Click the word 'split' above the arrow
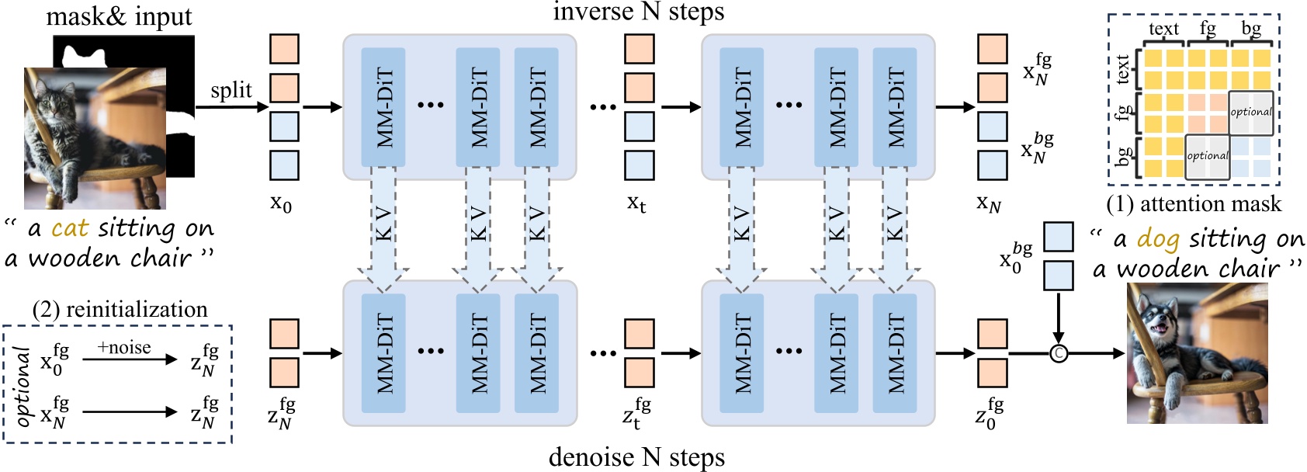click(x=231, y=91)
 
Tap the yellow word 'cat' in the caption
click(x=70, y=228)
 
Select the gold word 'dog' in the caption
click(x=1157, y=239)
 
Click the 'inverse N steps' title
click(x=638, y=12)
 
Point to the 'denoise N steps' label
click(x=636, y=457)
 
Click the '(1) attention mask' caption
click(x=1194, y=203)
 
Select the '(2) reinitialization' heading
click(x=120, y=309)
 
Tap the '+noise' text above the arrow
click(x=124, y=347)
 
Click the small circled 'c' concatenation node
click(x=1058, y=354)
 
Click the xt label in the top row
click(x=636, y=203)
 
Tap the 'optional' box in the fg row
click(x=1250, y=113)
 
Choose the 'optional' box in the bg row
click(x=1207, y=156)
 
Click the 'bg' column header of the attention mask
click(x=1250, y=29)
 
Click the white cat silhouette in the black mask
click(x=85, y=55)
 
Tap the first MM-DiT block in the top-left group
click(x=383, y=106)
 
